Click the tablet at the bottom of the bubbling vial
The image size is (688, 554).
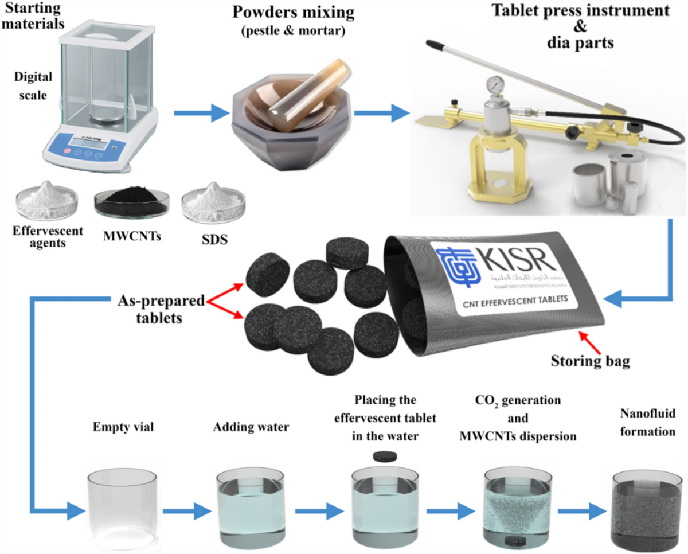point(513,524)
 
